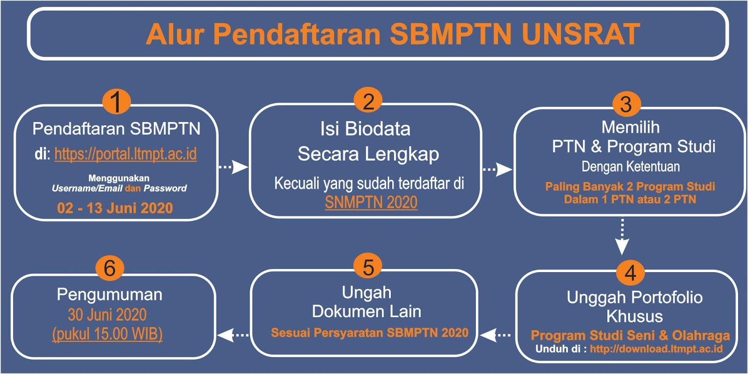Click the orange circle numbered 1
pyautogui.click(x=116, y=101)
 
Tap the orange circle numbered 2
pyautogui.click(x=368, y=101)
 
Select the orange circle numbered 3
pyautogui.click(x=626, y=104)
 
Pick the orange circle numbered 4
pyautogui.click(x=630, y=273)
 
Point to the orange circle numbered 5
pyautogui.click(x=368, y=267)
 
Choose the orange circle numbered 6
pyautogui.click(x=109, y=268)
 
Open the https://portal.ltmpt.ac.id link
pyautogui.click(x=125, y=154)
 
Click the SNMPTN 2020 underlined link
pyautogui.click(x=371, y=203)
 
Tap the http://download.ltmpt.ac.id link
pyautogui.click(x=656, y=349)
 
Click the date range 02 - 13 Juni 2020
pyautogui.click(x=115, y=208)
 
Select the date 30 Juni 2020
pyautogui.click(x=107, y=315)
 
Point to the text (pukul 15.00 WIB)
pyautogui.click(x=107, y=334)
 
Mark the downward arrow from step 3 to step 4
pyautogui.click(x=622, y=237)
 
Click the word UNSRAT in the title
pyautogui.click(x=580, y=34)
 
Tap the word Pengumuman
pyautogui.click(x=109, y=295)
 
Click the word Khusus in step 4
pyautogui.click(x=634, y=317)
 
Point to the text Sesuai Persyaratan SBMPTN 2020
pyautogui.click(x=369, y=333)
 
